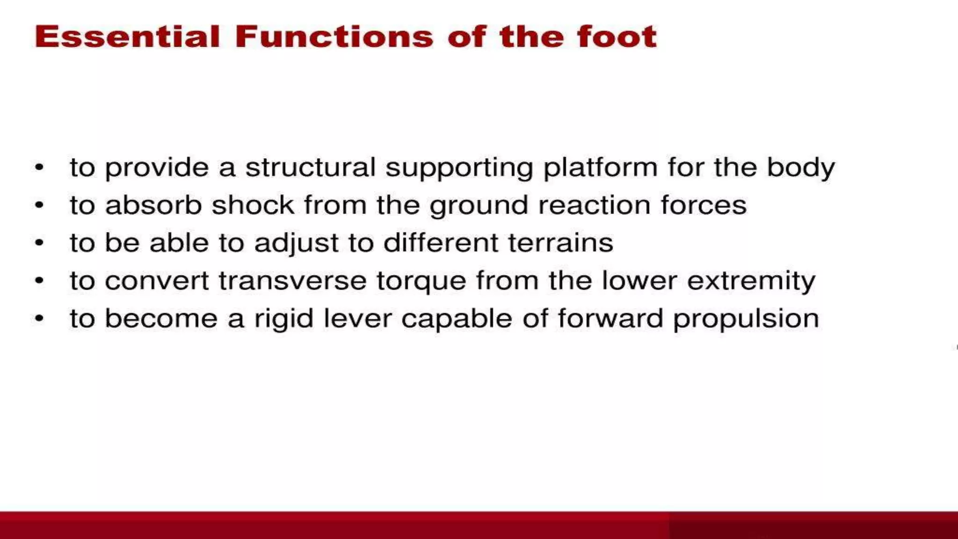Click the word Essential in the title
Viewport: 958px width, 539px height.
[127, 36]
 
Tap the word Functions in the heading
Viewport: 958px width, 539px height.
[334, 36]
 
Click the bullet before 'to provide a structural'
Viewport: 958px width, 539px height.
[39, 167]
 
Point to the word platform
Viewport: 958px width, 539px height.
[600, 168]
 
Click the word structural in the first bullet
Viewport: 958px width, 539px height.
[310, 167]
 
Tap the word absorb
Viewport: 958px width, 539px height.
[153, 205]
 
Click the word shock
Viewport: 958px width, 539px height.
[253, 205]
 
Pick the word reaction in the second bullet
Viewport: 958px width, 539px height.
[594, 205]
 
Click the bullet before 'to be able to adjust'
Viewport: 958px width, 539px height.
[39, 242]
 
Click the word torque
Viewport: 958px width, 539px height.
[421, 281]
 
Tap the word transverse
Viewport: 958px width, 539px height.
[292, 281]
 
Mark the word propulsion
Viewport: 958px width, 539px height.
[746, 319]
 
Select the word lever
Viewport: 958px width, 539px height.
[357, 319]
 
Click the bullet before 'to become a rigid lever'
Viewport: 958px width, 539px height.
[39, 319]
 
